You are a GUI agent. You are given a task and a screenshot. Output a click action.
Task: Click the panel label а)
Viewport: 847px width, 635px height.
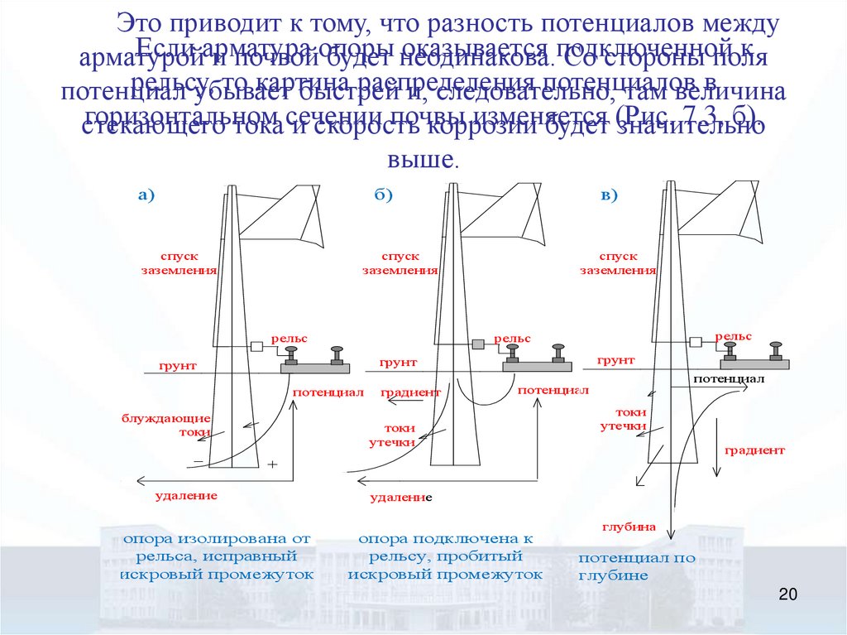coord(146,195)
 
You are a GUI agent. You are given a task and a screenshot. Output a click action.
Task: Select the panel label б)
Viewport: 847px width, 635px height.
coord(383,195)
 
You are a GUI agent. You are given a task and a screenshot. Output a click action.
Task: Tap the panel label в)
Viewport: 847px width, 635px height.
coord(609,195)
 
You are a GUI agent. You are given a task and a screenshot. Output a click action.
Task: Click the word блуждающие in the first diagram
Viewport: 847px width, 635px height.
coord(165,418)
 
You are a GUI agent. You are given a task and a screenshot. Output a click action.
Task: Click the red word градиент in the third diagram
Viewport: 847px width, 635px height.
coord(754,451)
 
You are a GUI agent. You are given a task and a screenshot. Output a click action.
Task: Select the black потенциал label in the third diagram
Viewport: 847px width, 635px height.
coord(728,378)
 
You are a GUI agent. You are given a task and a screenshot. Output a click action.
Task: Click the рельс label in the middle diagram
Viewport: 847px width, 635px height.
coord(512,339)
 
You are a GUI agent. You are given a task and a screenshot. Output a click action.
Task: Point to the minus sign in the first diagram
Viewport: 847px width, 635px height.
coord(198,460)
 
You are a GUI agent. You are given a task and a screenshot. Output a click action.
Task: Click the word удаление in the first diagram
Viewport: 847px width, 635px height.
coord(186,496)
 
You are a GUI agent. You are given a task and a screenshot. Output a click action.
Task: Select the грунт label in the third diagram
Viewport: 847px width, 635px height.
coord(615,361)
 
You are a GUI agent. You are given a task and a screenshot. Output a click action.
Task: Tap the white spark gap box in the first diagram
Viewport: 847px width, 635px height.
coord(256,346)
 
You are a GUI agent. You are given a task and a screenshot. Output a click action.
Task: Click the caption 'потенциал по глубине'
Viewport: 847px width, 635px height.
coord(636,567)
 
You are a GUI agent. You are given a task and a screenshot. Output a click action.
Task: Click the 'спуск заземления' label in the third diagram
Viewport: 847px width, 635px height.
coord(617,264)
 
